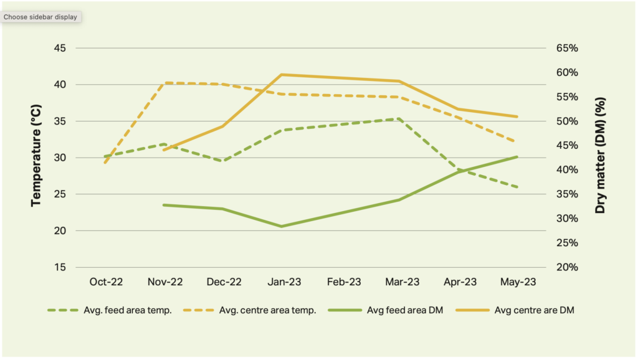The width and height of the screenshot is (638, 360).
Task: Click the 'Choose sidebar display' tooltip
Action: coord(40,17)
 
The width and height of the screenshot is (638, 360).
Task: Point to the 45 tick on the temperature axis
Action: coord(60,48)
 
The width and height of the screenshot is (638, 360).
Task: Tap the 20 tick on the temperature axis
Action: coord(60,230)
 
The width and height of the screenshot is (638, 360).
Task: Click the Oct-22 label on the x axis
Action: coord(106,282)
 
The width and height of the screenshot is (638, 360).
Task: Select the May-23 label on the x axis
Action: coord(518,282)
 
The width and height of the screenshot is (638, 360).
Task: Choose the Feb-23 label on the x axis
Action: coord(343,282)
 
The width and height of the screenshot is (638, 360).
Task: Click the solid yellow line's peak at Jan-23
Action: coord(283,75)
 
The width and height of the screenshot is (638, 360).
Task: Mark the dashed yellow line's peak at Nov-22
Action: coord(165,83)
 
